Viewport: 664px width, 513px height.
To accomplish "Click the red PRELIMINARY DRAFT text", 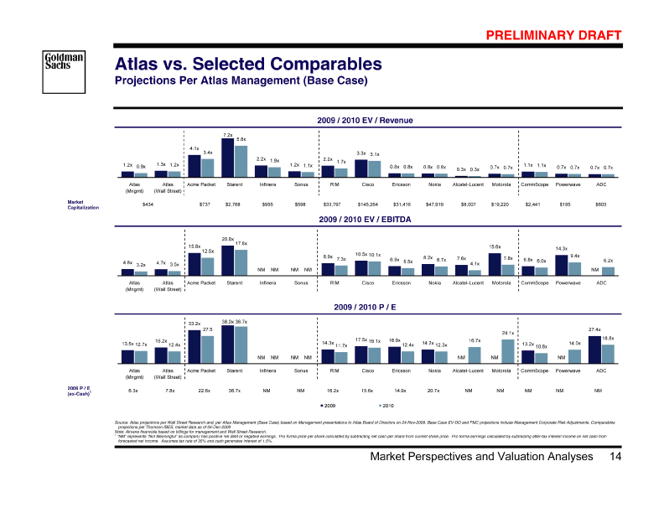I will pos(552,35).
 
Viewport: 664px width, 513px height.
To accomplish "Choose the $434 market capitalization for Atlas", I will pos(148,205).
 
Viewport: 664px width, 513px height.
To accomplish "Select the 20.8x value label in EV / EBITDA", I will pos(227,239).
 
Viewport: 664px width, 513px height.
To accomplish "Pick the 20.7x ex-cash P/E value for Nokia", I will pos(433,391).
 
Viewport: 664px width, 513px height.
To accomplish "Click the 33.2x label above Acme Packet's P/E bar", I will pos(194,323).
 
